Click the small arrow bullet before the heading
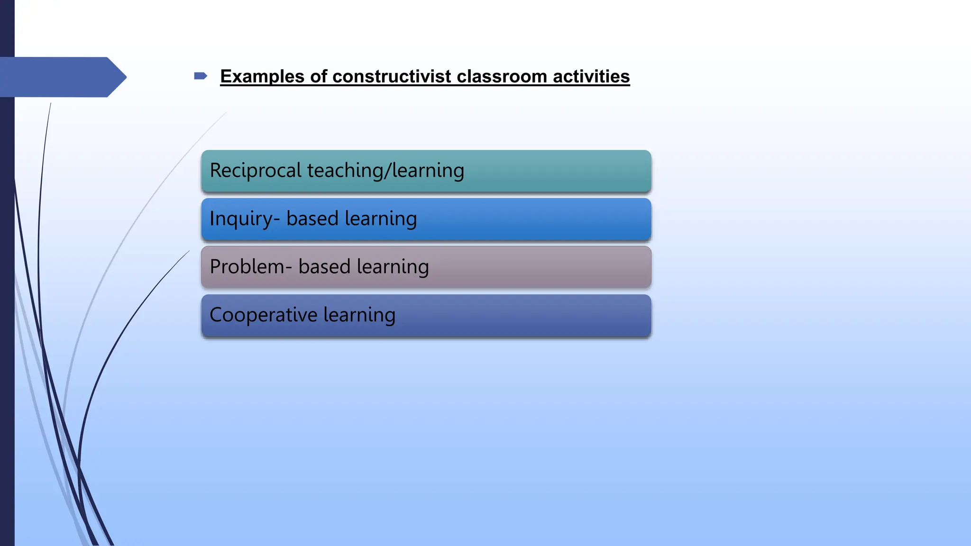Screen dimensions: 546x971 point(201,76)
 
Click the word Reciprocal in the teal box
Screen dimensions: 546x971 point(256,171)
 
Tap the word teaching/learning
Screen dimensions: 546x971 point(385,171)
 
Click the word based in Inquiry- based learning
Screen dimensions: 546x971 point(312,219)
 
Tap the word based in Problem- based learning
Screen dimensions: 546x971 point(324,267)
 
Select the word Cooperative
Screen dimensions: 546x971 point(263,315)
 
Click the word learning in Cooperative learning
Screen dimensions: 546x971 point(359,315)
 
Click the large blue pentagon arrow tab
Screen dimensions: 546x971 point(62,77)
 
